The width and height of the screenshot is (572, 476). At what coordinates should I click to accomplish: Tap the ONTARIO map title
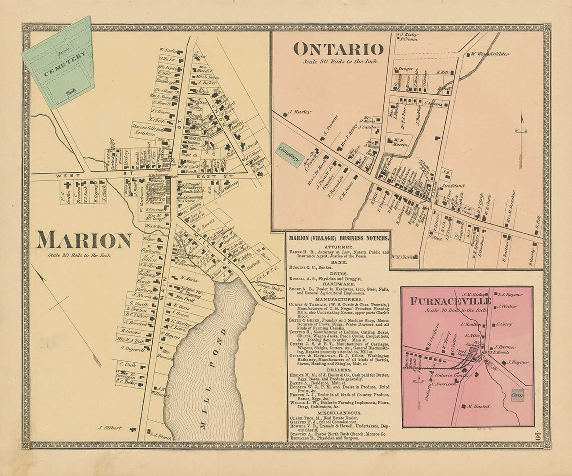(x=338, y=49)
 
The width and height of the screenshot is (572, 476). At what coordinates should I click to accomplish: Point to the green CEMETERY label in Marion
(x=64, y=64)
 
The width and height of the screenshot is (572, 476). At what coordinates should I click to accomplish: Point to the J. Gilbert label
(x=110, y=428)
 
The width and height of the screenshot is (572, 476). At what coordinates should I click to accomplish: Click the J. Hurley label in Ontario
(x=299, y=112)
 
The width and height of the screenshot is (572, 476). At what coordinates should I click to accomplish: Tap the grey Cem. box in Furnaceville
(x=517, y=395)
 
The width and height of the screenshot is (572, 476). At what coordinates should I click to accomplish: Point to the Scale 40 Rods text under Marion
(x=79, y=255)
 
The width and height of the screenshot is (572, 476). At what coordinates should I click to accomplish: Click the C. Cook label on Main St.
(x=128, y=365)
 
